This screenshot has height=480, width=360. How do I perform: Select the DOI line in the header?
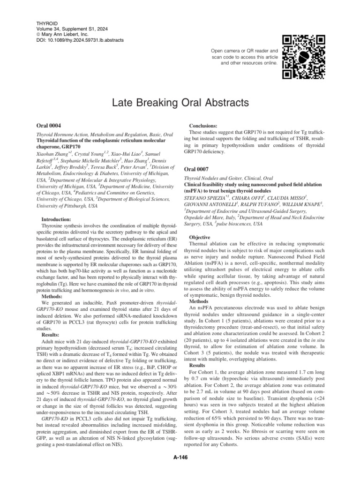[x=80, y=40]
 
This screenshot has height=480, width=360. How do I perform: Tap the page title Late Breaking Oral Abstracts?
[x=180, y=102]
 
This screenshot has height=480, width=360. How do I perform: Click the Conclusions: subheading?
[x=202, y=126]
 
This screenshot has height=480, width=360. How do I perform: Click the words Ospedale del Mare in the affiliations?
[x=204, y=218]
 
